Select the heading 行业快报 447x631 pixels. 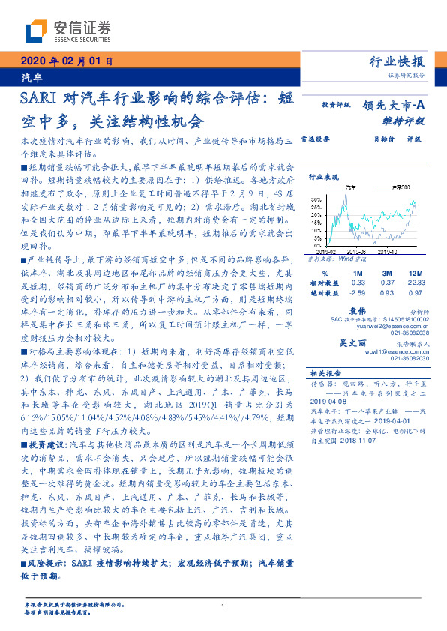point(397,61)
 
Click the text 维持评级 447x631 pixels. point(408,120)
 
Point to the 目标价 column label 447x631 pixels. point(363,139)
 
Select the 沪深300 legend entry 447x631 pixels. point(401,187)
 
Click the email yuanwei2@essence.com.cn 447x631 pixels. point(392,326)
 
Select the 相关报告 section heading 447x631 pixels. point(326,372)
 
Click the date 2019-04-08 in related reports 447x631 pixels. point(326,401)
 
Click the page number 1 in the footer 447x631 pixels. point(223,606)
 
